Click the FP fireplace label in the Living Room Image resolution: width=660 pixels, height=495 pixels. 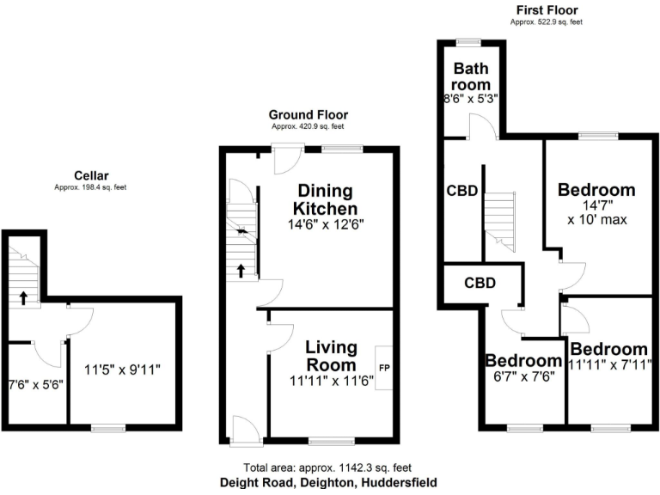coord(383,351)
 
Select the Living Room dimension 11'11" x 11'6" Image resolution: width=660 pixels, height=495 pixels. coord(331,381)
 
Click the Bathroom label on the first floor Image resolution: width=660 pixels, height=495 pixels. coord(472,76)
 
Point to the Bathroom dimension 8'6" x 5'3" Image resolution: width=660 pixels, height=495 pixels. coord(472,99)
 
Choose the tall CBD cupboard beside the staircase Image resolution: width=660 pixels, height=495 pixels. coord(461,192)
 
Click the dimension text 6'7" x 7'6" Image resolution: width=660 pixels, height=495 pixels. coord(523,376)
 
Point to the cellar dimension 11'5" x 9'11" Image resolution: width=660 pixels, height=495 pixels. coord(124,370)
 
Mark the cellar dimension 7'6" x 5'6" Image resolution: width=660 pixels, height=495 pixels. coord(36,387)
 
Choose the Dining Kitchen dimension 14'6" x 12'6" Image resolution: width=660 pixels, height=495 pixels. coord(327,227)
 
